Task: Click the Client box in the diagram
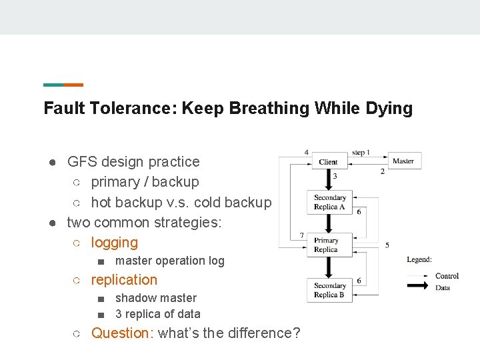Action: (x=328, y=161)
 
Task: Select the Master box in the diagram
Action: (x=403, y=161)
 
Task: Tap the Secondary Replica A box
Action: (x=330, y=202)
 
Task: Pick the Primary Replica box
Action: (x=326, y=245)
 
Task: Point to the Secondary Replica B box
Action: (x=330, y=290)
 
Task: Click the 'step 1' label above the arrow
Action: (x=361, y=153)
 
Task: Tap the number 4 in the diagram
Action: (x=307, y=152)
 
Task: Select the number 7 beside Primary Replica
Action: (x=301, y=235)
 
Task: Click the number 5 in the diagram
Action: (x=387, y=245)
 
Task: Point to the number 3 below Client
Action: (x=335, y=176)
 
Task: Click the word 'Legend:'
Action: (x=419, y=259)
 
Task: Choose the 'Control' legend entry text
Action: (x=447, y=276)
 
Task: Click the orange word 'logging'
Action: (x=114, y=243)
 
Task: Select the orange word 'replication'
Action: (x=124, y=280)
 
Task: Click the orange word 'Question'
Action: (x=122, y=333)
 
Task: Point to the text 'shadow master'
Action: (x=156, y=298)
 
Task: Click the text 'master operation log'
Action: (x=170, y=261)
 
